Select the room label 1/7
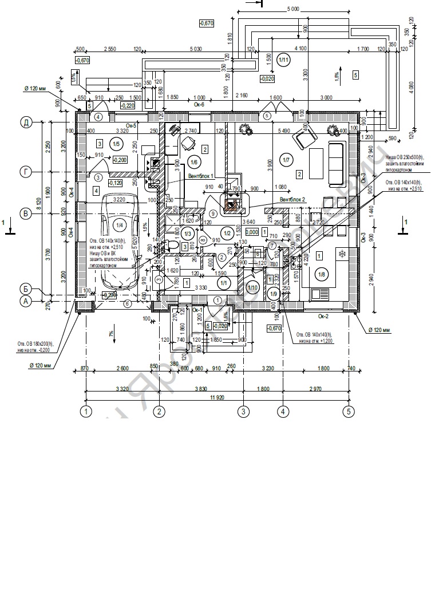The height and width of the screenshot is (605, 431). pos(284,159)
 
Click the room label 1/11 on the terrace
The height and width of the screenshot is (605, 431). pos(283,59)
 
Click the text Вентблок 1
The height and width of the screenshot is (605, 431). pos(200,176)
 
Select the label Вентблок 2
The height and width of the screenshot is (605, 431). pos(292,199)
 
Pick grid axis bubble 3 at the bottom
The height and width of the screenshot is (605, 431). pos(243,411)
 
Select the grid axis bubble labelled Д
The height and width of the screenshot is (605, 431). pos(26,122)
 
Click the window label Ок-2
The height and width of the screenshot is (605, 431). pos(323,315)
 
